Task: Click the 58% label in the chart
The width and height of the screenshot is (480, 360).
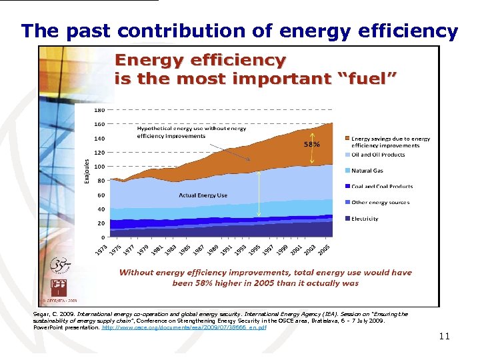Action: pyautogui.click(x=312, y=144)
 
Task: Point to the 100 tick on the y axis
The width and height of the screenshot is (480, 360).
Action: pyautogui.click(x=99, y=167)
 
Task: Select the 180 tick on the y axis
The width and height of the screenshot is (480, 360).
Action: pyautogui.click(x=99, y=109)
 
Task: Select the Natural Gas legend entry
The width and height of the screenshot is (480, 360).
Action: pyautogui.click(x=367, y=171)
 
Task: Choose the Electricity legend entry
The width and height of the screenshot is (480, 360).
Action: pyautogui.click(x=365, y=219)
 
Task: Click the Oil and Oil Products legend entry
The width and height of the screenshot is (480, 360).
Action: pyautogui.click(x=378, y=155)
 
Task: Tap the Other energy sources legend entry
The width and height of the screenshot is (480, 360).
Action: pyautogui.click(x=380, y=203)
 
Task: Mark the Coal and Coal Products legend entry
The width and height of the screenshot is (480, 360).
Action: pyautogui.click(x=382, y=187)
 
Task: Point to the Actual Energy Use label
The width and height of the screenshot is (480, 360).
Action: pyautogui.click(x=203, y=195)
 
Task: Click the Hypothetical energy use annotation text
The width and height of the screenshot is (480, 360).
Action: pyautogui.click(x=191, y=132)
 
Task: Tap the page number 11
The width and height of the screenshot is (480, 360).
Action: pyautogui.click(x=445, y=337)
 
